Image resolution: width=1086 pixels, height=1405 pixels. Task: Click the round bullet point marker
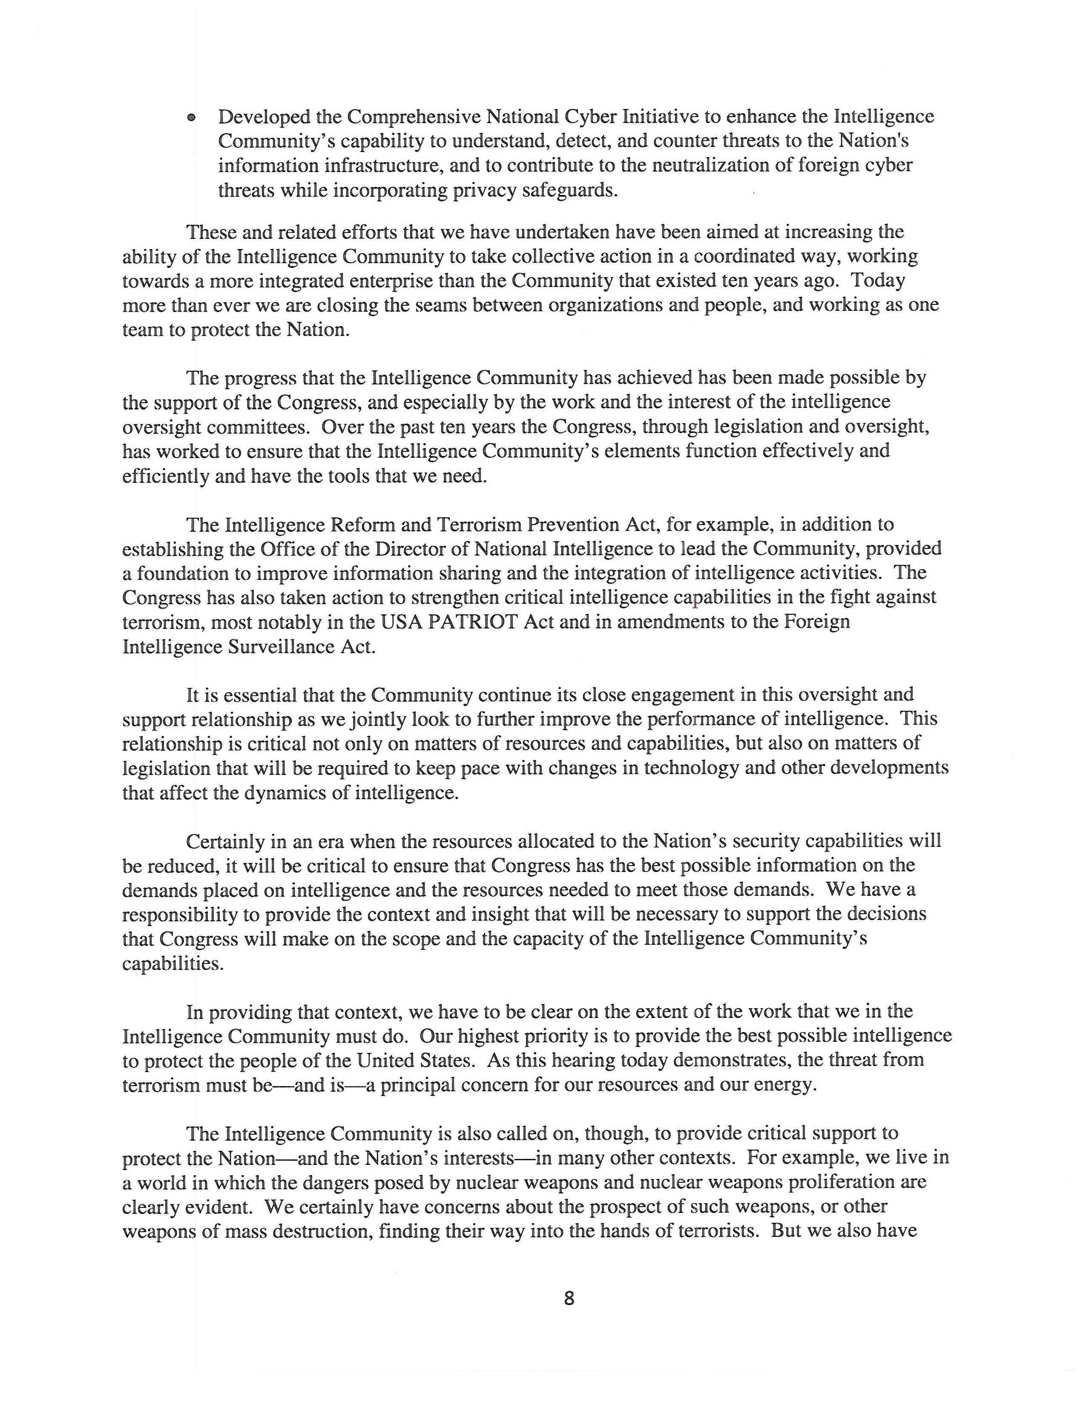point(191,118)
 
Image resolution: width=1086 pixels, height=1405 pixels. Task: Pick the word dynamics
point(286,793)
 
